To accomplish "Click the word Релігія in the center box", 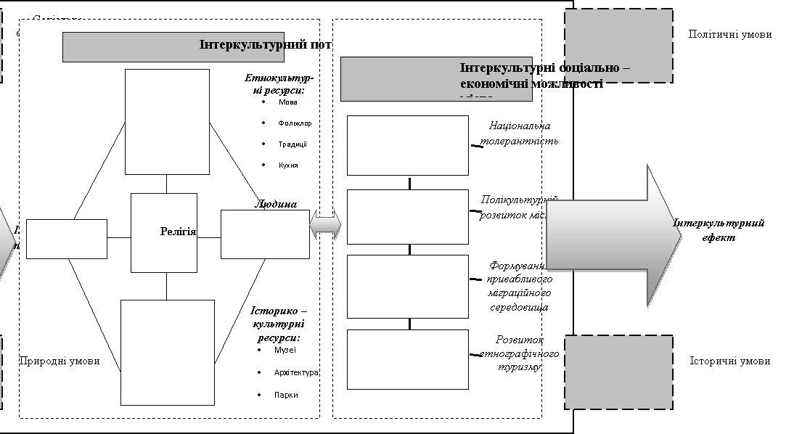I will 178,232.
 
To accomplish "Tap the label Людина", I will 276,204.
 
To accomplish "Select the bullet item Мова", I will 287,102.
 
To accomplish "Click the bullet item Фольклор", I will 295,123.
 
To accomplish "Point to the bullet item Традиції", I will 292,144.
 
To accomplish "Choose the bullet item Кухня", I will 288,165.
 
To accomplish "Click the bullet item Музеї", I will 285,351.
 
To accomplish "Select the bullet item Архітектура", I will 296,373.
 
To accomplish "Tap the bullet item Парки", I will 286,396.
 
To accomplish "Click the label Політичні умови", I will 729,34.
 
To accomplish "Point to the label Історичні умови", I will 729,361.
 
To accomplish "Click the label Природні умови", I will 60,361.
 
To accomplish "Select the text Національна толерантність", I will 520,134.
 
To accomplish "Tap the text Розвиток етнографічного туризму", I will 520,353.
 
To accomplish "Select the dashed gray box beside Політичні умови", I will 618,46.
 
